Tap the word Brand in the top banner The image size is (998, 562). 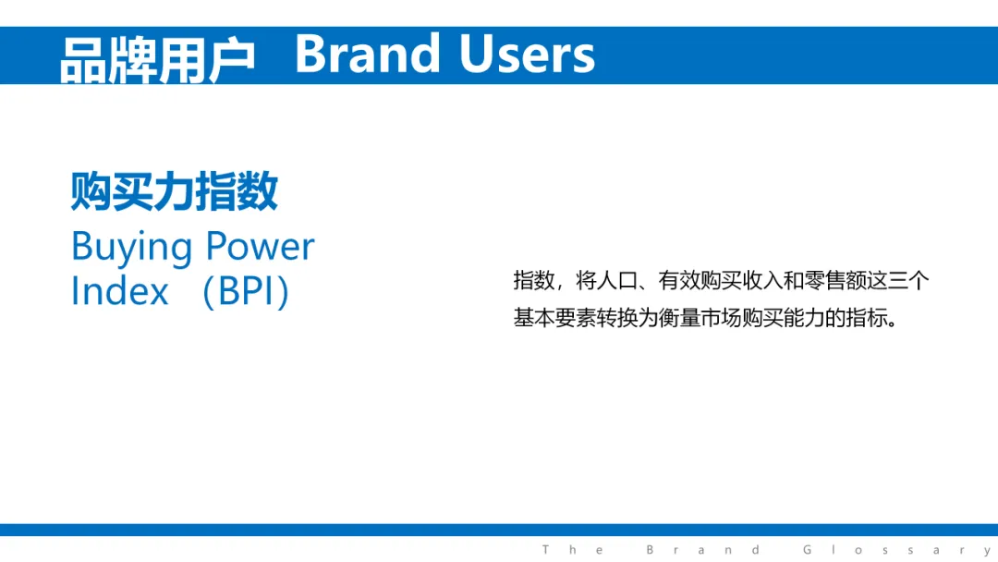pos(367,55)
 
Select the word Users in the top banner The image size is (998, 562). pos(527,55)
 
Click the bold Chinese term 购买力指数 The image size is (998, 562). pos(175,191)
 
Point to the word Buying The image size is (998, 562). pos(132,248)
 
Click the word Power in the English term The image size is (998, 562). pos(261,246)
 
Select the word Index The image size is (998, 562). pos(119,291)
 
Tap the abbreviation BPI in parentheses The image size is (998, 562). pos(245,291)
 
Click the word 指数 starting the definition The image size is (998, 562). pos(533,280)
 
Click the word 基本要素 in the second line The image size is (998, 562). pos(554,318)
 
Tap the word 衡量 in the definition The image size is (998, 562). pos(679,318)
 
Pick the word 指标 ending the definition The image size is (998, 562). pos(867,318)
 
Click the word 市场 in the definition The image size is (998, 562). pos(721,318)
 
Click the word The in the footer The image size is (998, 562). pos(573,550)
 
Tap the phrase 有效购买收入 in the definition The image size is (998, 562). pos(721,280)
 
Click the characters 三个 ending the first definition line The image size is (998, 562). pos(909,280)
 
